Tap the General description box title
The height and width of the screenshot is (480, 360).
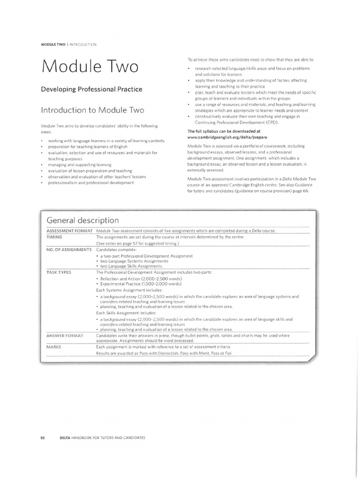coord(83,220)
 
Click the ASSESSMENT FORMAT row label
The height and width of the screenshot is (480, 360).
coord(70,231)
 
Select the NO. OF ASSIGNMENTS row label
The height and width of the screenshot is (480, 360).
coord(69,249)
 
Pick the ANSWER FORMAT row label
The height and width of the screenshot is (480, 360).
coord(65,336)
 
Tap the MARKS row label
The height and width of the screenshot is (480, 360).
coord(54,347)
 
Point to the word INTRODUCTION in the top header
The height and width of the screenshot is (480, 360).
coord(83,44)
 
